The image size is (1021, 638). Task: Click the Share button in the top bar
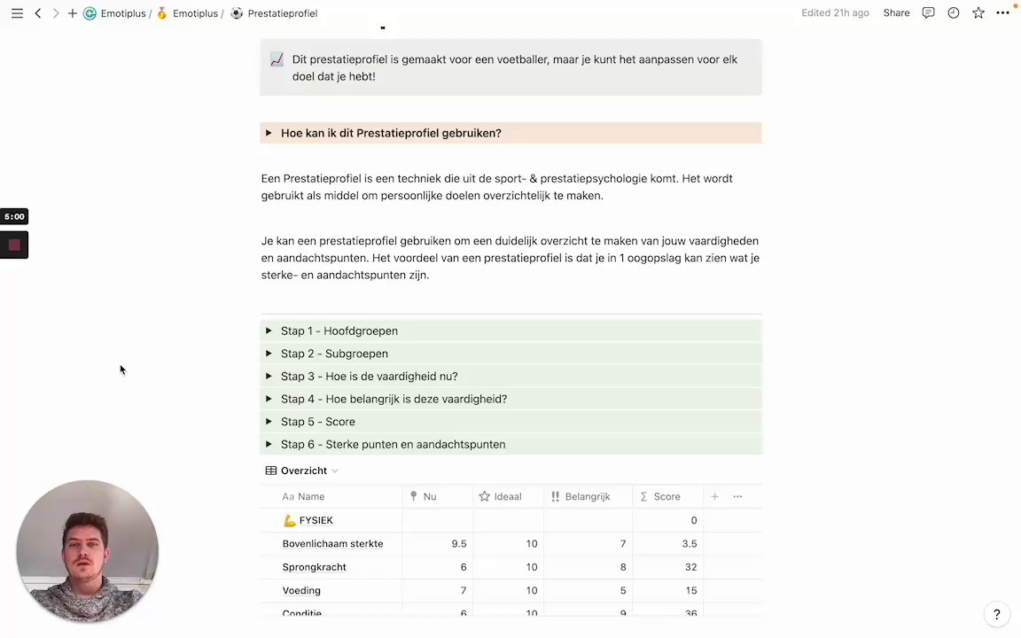pyautogui.click(x=896, y=13)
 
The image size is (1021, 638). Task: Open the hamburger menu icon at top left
pyautogui.click(x=17, y=13)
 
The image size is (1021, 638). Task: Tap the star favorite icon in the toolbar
pyautogui.click(x=978, y=13)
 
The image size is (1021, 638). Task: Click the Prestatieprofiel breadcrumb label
pyautogui.click(x=282, y=13)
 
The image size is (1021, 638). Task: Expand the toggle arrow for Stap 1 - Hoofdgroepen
pyautogui.click(x=269, y=331)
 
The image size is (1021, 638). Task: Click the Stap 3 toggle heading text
pyautogui.click(x=369, y=377)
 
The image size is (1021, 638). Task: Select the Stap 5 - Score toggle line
pyautogui.click(x=317, y=422)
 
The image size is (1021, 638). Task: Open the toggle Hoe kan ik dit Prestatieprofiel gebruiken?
pyautogui.click(x=391, y=133)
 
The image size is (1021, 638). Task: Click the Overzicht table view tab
pyautogui.click(x=303, y=471)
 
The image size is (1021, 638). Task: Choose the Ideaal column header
pyautogui.click(x=507, y=497)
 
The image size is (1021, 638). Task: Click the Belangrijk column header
pyautogui.click(x=587, y=497)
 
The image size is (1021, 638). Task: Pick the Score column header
pyautogui.click(x=666, y=497)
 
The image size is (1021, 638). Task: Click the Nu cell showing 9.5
pyautogui.click(x=458, y=544)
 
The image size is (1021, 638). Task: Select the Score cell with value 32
pyautogui.click(x=690, y=567)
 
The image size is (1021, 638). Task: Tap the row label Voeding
pyautogui.click(x=301, y=590)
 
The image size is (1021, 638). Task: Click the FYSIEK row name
pyautogui.click(x=316, y=520)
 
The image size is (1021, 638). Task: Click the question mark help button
pyautogui.click(x=996, y=614)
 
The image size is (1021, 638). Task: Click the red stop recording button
pyautogui.click(x=14, y=245)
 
